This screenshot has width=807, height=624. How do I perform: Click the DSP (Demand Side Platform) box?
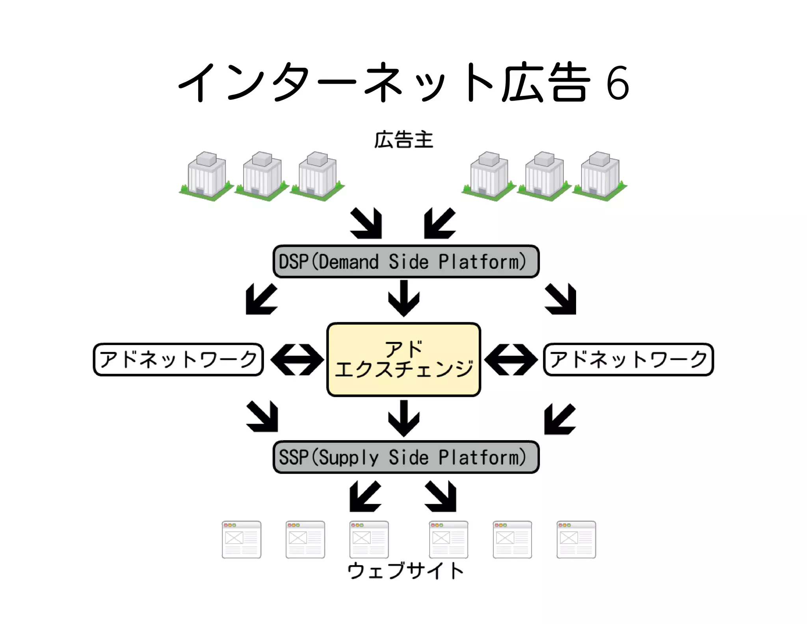click(406, 262)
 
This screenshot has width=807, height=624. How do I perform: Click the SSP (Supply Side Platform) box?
click(406, 457)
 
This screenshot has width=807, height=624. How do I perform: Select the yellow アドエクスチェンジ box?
click(403, 359)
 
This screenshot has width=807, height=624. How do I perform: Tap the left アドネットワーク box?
click(178, 359)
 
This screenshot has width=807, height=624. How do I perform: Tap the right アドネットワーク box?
click(628, 359)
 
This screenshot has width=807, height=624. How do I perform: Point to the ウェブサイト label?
click(405, 570)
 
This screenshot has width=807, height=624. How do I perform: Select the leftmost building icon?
click(206, 176)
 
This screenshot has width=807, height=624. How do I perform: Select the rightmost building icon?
click(600, 176)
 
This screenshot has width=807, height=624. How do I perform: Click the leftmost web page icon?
click(242, 539)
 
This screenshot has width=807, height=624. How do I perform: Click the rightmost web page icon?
click(576, 539)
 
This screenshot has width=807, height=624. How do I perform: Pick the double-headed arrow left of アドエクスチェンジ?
click(297, 359)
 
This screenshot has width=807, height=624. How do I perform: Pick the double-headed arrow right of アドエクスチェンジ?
click(511, 359)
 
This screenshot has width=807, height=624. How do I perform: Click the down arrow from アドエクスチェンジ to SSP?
click(403, 418)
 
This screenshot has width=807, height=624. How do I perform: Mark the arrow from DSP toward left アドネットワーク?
click(261, 299)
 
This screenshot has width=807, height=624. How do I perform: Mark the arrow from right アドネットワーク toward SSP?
click(560, 419)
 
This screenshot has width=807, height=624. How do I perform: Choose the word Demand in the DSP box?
click(348, 262)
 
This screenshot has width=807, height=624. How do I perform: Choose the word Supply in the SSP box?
click(348, 458)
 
